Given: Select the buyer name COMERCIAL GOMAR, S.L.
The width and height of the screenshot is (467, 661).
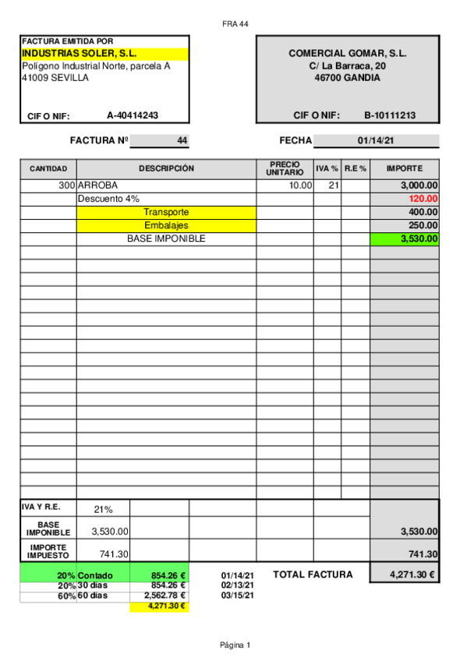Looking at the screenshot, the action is [x=348, y=54].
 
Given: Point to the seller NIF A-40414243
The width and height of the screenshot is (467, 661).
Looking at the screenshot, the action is [x=133, y=115].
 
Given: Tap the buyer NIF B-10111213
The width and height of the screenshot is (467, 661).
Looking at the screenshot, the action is [x=390, y=115].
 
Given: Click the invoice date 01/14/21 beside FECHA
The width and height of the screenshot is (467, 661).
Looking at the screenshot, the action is [x=376, y=141].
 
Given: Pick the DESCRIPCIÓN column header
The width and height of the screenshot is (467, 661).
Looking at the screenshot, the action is [x=166, y=168].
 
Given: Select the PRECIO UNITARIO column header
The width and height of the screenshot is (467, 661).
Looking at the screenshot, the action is [x=285, y=168].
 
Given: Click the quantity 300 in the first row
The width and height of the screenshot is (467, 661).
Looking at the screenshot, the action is [x=66, y=186].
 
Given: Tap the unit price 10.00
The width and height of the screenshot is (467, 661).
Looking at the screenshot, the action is [x=300, y=186].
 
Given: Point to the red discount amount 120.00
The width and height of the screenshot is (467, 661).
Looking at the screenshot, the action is [x=423, y=199].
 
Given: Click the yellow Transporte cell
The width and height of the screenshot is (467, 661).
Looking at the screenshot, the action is [x=166, y=212].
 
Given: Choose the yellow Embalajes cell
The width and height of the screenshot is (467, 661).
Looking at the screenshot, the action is [x=166, y=225].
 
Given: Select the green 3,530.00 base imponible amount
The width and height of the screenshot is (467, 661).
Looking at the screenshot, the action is [x=419, y=239].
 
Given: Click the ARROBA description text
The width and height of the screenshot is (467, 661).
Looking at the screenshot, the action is [x=98, y=186].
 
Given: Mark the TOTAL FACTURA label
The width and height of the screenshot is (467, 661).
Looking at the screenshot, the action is [x=313, y=574].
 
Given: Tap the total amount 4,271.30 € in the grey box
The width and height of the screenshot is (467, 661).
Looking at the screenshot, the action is [x=405, y=574].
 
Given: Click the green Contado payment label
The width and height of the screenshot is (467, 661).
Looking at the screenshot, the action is [x=95, y=576].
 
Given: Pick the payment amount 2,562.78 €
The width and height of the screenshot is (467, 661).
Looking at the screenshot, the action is [x=164, y=596].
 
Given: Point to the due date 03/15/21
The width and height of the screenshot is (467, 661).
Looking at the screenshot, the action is [x=238, y=596].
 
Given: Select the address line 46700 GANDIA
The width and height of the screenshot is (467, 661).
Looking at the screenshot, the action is [x=348, y=78].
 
